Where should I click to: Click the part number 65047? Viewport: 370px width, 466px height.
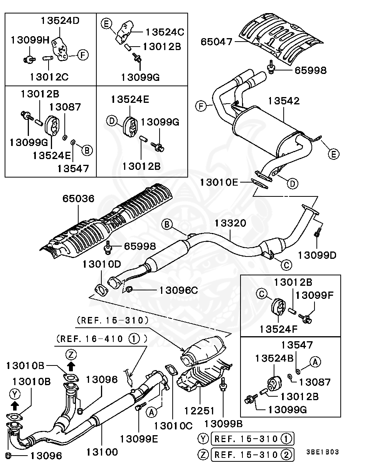tap(216, 42)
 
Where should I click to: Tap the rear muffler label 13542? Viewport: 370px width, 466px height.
tap(284, 101)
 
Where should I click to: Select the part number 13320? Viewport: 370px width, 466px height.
tap(230, 223)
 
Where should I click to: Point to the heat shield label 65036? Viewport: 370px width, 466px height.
tap(79, 199)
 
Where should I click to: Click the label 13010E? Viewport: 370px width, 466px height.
tap(219, 182)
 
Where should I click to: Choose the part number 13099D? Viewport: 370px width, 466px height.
tap(317, 255)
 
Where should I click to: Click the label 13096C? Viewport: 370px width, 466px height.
tap(178, 291)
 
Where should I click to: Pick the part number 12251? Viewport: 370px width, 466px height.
tap(199, 411)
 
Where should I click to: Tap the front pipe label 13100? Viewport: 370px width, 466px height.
tap(102, 452)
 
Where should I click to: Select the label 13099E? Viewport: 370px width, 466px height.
tap(139, 439)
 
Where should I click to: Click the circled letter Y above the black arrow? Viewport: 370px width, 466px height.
tap(15, 394)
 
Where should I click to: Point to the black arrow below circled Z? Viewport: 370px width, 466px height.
tap(71, 367)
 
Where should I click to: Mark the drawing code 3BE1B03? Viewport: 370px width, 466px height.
tap(323, 452)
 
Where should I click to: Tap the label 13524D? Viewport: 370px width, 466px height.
tap(60, 20)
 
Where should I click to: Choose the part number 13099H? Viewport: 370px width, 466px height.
tap(30, 40)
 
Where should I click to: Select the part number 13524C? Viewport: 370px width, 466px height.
tap(165, 32)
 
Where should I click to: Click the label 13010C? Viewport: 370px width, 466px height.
tap(173, 426)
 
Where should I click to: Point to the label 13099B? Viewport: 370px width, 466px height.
tap(224, 424)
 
